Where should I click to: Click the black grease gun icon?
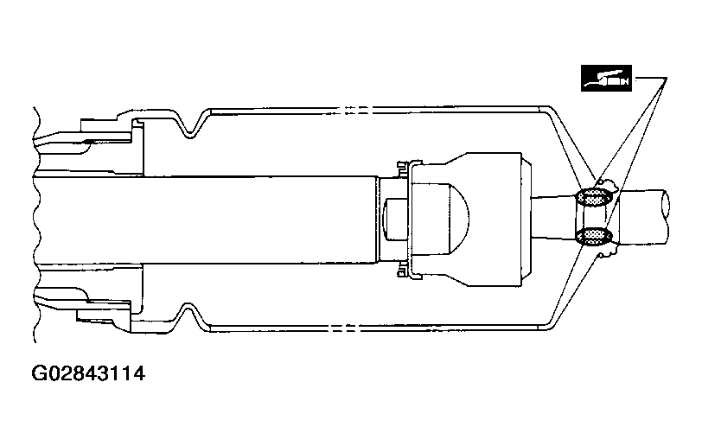pyautogui.click(x=606, y=78)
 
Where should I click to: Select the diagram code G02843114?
pyautogui.click(x=88, y=373)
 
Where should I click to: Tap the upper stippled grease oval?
pyautogui.click(x=594, y=197)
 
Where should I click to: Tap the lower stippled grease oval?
pyautogui.click(x=594, y=236)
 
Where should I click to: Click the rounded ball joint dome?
pyautogui.click(x=456, y=219)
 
